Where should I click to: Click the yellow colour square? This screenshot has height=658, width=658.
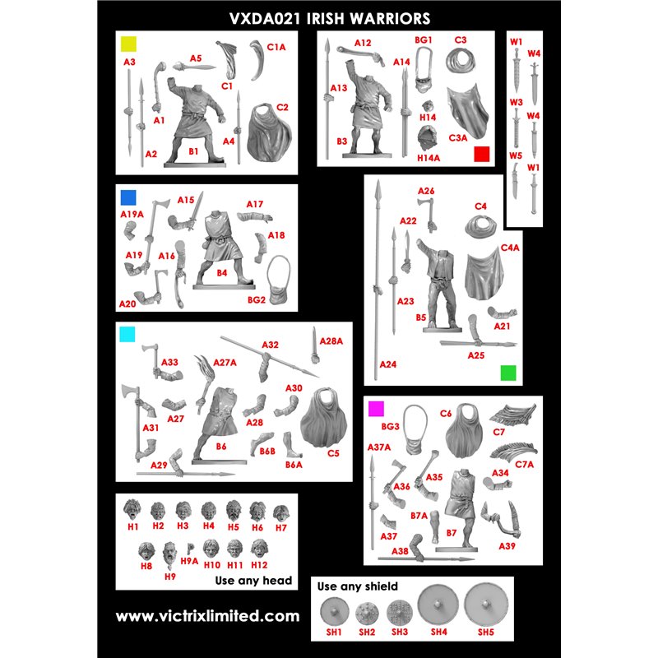[129, 44]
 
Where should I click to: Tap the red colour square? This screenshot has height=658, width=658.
[482, 154]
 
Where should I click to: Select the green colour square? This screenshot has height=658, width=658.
[508, 373]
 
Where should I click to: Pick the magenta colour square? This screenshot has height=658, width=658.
[376, 409]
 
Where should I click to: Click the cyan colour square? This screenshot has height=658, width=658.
[127, 335]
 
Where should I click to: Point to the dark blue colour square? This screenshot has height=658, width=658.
[128, 197]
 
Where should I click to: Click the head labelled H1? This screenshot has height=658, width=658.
[132, 510]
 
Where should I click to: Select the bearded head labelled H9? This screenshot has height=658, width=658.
[169, 554]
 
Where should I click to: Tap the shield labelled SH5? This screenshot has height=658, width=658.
[485, 605]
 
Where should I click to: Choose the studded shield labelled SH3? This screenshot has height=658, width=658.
[399, 613]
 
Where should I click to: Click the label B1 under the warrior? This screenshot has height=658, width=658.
[193, 151]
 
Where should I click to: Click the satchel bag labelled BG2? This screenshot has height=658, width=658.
[279, 280]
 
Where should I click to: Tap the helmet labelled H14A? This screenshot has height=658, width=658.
[428, 138]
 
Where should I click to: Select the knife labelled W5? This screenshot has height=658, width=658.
[516, 180]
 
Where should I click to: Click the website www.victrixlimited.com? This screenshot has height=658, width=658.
[208, 616]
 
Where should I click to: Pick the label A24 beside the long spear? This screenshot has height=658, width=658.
[388, 364]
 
